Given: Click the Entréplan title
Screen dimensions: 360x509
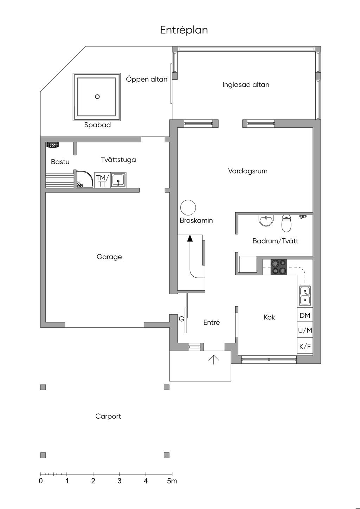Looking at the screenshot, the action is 184,30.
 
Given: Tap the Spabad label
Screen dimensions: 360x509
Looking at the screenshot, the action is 97,125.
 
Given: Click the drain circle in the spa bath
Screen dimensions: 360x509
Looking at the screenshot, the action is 97,97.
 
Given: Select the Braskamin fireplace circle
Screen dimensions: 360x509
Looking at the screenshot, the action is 188,207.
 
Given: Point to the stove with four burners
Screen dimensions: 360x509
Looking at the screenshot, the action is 279,267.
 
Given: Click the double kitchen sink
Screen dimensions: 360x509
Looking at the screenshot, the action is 305,296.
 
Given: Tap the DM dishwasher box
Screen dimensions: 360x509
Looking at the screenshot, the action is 305,315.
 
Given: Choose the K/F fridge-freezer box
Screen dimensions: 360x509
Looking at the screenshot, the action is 305,346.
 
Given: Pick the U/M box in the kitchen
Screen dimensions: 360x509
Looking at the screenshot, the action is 305,330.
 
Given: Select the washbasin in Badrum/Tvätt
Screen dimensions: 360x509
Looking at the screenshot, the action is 266,220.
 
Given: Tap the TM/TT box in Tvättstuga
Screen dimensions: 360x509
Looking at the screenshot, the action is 102,180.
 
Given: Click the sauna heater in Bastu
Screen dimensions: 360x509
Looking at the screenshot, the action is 53,145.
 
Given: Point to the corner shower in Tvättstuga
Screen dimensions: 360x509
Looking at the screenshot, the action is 85,180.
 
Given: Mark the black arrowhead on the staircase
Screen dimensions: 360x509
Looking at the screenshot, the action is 190,238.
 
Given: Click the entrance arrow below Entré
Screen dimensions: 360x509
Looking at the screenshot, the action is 214,360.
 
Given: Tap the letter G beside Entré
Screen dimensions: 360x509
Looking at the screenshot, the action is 181,319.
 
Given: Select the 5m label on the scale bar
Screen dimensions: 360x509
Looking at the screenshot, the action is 172,481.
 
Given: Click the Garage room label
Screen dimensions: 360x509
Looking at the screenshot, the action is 109,257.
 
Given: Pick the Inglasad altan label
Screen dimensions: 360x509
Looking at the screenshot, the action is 246,85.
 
